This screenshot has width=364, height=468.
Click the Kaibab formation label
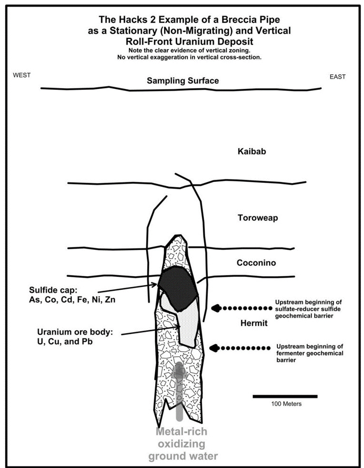pyautogui.click(x=251, y=152)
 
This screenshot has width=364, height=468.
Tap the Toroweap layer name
pyautogui.click(x=257, y=218)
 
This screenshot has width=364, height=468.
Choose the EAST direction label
pyautogui.click(x=337, y=77)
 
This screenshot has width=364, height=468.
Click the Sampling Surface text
pyautogui.click(x=183, y=81)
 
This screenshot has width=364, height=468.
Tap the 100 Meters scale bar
pyautogui.click(x=285, y=396)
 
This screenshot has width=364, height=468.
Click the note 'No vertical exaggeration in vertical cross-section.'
pyautogui.click(x=183, y=58)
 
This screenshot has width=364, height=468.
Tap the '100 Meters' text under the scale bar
pyautogui.click(x=285, y=404)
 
